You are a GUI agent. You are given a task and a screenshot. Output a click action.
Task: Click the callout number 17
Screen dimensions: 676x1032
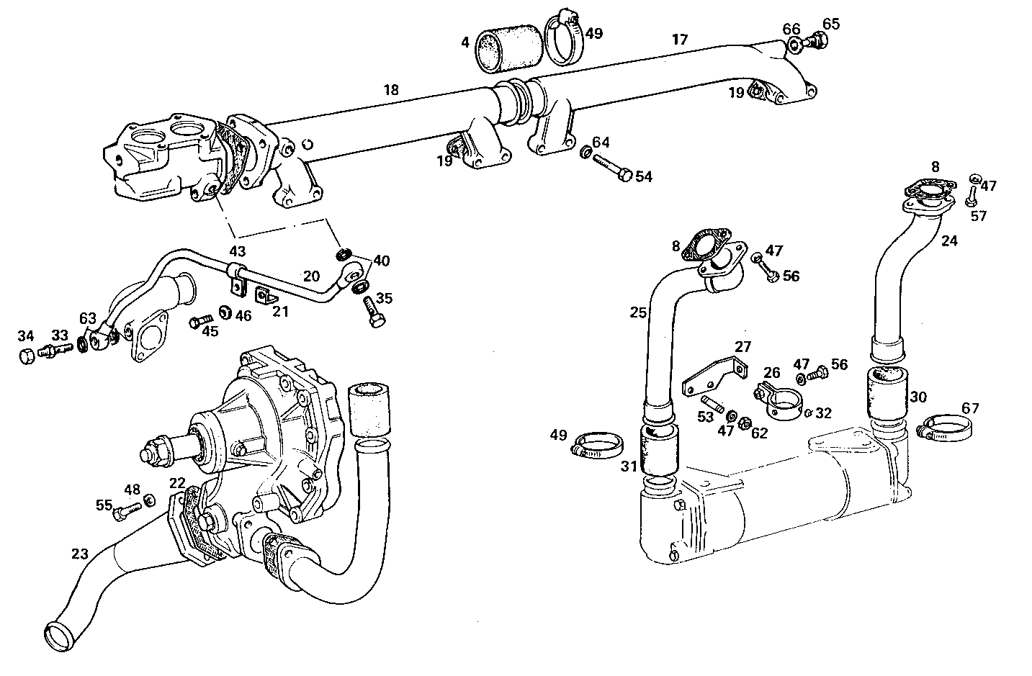coord(680,39)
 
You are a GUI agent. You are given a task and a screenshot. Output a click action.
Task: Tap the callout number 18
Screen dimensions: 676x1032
coord(391,90)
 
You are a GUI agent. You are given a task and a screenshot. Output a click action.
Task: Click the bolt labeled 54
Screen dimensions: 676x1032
coord(611,166)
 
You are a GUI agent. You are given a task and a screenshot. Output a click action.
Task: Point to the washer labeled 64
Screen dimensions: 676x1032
coord(586,153)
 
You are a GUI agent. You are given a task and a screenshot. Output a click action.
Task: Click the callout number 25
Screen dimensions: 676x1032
coord(638,313)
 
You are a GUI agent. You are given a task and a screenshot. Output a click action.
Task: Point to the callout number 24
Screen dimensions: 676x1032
coord(949,241)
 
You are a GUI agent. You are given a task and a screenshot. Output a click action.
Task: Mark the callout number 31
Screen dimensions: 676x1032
coord(629,467)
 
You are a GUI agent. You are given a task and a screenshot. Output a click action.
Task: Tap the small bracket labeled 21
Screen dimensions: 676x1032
coord(266,296)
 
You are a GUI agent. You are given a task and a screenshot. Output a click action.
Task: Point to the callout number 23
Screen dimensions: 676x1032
coord(79,554)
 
